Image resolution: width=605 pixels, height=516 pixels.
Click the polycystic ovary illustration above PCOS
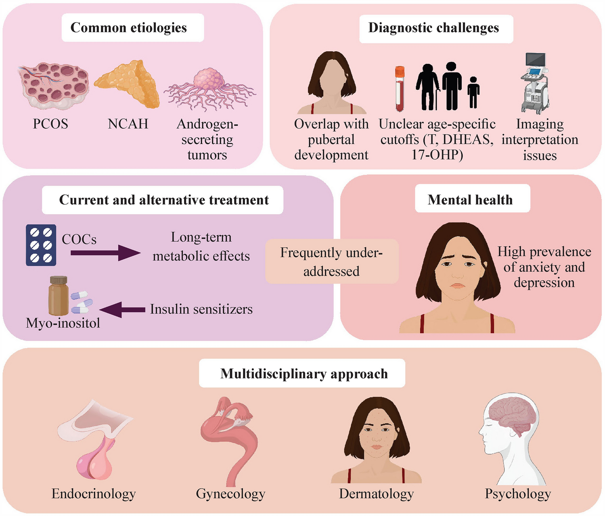tap(54, 86)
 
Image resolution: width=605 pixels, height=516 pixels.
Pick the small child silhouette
tap(473, 93)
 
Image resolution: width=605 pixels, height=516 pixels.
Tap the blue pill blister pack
tap(41, 245)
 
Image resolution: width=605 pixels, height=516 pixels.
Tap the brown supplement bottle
tap(58, 296)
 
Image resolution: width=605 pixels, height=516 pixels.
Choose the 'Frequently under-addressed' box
tap(331, 261)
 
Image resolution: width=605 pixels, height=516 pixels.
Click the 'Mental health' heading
tap(470, 199)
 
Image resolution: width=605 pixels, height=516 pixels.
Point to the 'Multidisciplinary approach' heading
tap(304, 374)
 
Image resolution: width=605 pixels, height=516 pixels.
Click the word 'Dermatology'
tap(376, 494)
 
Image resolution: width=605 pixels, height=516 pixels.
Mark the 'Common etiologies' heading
tap(128, 27)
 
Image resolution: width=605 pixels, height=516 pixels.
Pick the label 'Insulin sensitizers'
tap(201, 309)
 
